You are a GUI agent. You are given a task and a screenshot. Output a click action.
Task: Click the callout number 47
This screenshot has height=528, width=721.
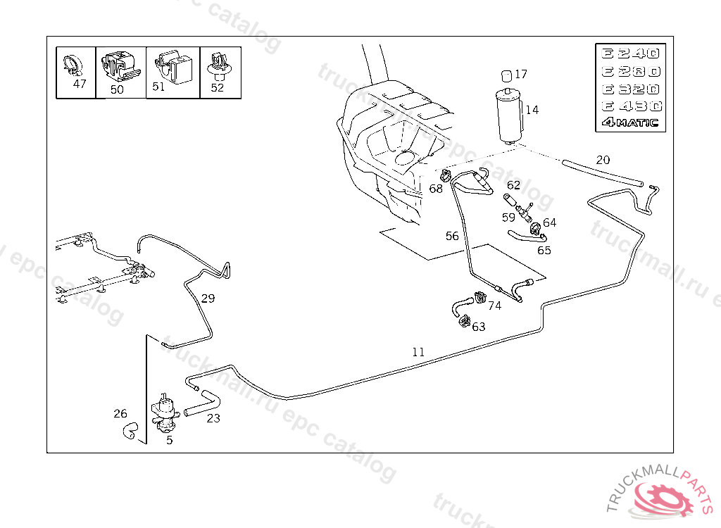[x=80, y=84]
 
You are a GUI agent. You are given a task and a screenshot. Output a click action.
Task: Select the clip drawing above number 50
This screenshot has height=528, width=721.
[x=118, y=66]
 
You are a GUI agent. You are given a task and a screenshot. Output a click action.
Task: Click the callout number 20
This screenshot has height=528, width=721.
[x=603, y=160]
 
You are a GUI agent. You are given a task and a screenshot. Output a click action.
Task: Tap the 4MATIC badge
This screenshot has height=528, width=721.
[x=629, y=122]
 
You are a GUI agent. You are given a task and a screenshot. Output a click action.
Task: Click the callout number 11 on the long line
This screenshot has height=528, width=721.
[x=418, y=352]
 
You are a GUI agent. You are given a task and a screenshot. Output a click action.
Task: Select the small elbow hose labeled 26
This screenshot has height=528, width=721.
[x=130, y=431]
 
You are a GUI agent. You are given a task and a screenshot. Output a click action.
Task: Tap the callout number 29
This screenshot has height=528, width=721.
[x=208, y=298]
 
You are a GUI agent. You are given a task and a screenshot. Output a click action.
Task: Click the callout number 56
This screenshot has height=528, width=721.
[x=452, y=236]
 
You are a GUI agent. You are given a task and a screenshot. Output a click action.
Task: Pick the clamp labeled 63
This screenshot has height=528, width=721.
[x=463, y=322]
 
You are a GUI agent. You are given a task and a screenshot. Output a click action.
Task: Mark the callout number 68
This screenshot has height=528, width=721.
[x=436, y=189]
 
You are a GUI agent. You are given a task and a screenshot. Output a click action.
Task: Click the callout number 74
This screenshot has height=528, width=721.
[x=494, y=306]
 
